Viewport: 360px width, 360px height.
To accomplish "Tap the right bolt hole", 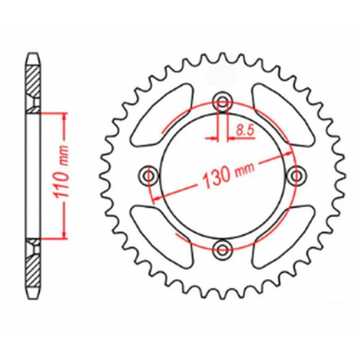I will [296, 176].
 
